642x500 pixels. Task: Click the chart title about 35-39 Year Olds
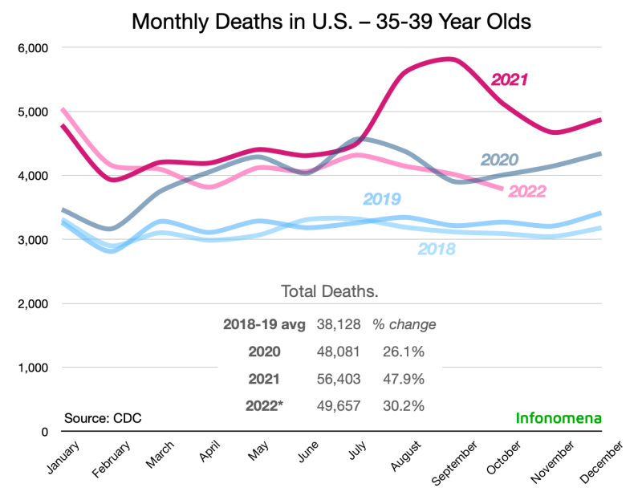[x=331, y=22]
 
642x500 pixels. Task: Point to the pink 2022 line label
[x=523, y=191]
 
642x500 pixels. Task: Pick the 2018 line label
[x=436, y=249]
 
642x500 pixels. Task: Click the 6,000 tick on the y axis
[x=32, y=47]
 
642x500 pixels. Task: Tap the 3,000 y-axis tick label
[x=32, y=239]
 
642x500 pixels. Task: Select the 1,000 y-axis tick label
[x=32, y=368]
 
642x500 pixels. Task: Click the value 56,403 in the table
[x=339, y=378]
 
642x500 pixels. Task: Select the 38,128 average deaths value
[x=339, y=325]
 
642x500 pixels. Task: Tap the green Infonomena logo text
[x=559, y=418]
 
